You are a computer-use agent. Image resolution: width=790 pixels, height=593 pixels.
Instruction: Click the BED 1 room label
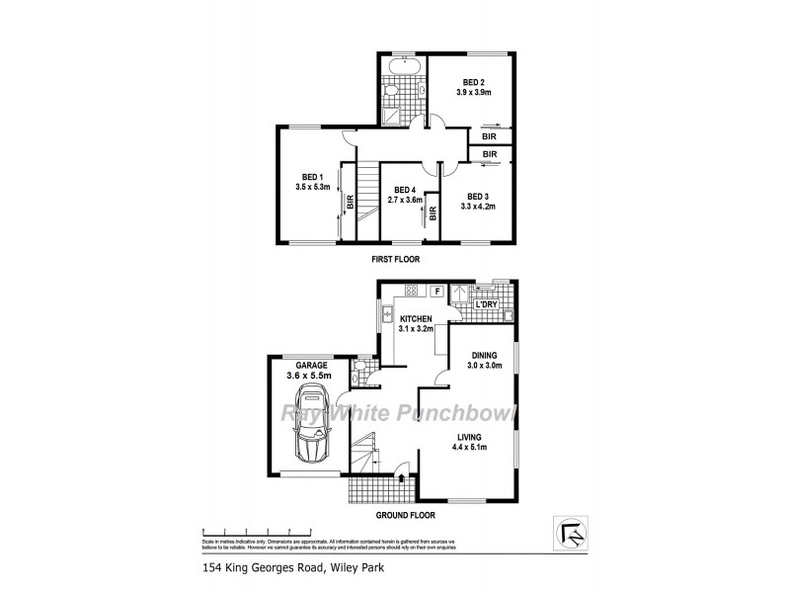312,176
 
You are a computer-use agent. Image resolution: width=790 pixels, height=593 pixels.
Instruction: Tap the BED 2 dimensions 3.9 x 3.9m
474,92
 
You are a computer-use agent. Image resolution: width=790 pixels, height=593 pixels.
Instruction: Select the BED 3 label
479,196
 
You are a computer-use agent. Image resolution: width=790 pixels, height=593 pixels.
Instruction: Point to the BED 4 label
405,189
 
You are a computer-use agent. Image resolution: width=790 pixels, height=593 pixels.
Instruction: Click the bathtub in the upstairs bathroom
402,67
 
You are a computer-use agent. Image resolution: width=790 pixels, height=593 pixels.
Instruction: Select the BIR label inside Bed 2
489,136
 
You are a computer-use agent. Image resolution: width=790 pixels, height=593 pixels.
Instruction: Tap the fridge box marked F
434,291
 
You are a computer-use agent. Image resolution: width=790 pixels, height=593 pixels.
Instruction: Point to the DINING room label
484,355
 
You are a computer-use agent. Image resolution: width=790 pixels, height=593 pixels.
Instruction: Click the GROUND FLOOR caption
400,515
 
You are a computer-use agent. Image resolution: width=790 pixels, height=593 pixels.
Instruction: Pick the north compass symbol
570,534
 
